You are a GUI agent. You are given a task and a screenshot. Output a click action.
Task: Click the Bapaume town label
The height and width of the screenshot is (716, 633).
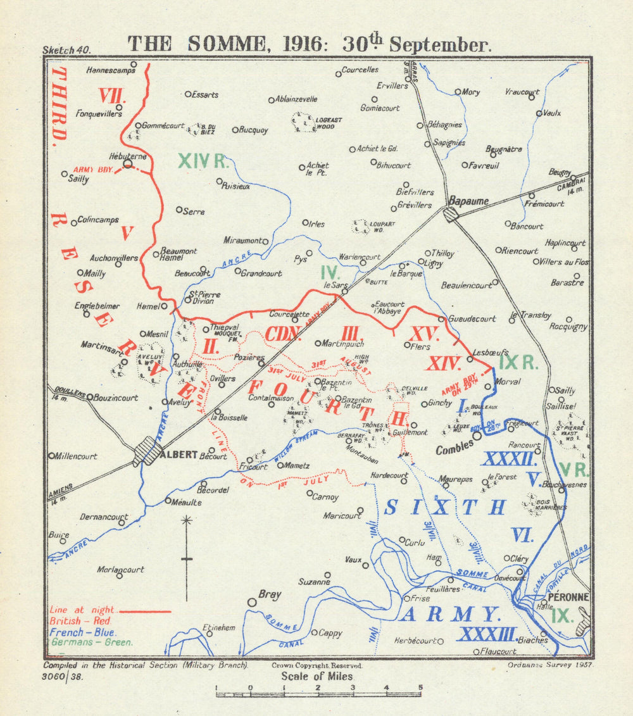[x=468, y=201]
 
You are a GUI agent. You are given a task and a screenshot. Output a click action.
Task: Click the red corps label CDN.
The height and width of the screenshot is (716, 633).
[x=283, y=334]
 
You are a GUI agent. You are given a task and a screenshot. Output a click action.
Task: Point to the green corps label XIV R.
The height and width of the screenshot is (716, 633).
[x=203, y=161]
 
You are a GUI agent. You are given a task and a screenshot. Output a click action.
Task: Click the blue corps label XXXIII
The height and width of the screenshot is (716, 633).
[x=487, y=634]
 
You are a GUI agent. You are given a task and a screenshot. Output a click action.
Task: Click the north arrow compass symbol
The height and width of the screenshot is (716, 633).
[x=186, y=557]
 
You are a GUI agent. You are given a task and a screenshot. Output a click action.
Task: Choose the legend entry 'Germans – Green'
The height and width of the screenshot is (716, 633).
[x=91, y=642]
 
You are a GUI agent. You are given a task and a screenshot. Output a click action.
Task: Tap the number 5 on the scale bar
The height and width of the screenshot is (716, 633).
[x=419, y=688]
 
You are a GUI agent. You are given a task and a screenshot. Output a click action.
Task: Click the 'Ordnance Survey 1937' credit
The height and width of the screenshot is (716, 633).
[x=549, y=665]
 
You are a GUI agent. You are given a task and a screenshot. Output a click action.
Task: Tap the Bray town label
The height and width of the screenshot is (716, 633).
[x=270, y=594]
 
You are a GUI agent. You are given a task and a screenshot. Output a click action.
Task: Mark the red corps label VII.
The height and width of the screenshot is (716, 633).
[x=113, y=96]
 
